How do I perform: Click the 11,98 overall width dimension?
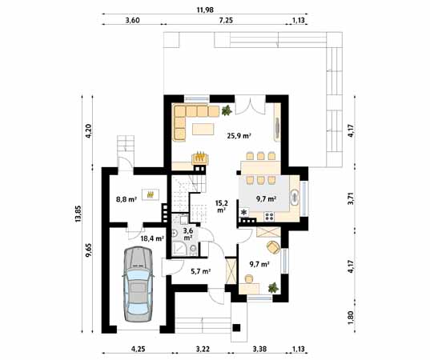205,10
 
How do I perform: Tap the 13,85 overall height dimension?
78,214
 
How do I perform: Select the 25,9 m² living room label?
239,135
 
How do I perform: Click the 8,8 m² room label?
127,199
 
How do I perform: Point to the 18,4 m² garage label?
152,238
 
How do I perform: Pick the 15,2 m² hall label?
221,206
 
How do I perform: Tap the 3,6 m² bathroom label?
187,234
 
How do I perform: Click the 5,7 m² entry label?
200,271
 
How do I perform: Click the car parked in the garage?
138,284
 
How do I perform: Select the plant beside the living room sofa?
227,110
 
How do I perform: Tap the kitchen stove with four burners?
269,217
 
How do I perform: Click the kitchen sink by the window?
295,197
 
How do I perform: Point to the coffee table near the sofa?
203,129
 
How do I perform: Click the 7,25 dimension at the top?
226,21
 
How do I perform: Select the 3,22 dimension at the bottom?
203,349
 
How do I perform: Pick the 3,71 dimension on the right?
352,198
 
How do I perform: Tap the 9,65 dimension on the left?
89,250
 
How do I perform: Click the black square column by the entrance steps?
236,328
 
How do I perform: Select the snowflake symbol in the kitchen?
243,212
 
